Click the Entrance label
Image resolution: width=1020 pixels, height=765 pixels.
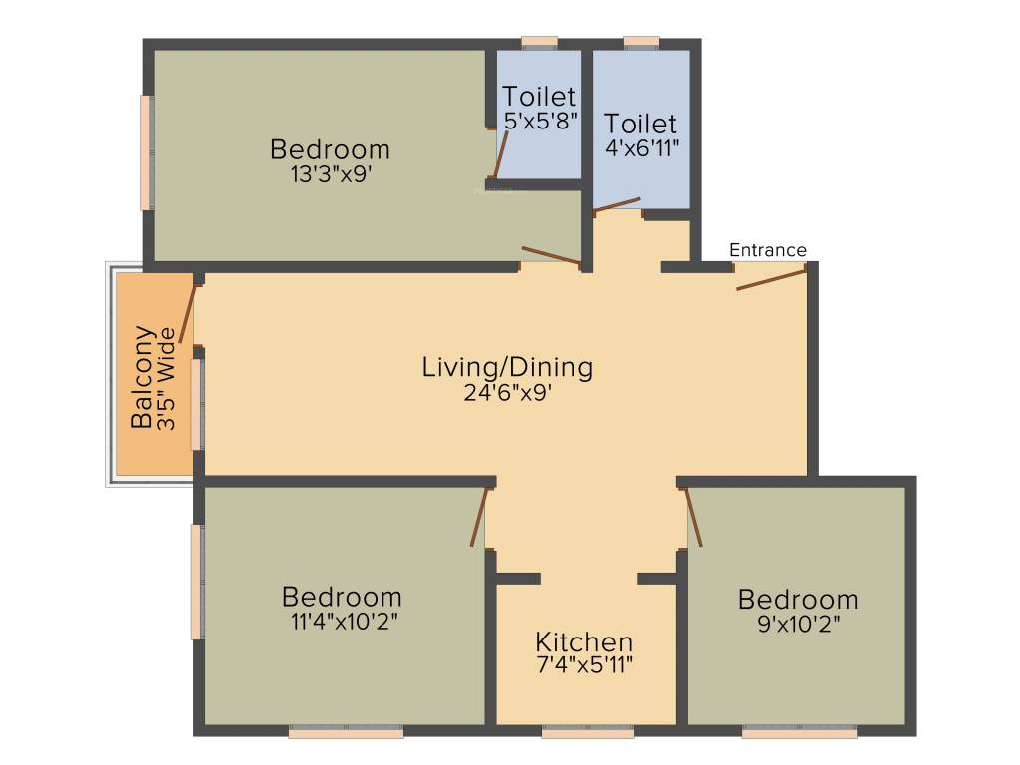coord(767,250)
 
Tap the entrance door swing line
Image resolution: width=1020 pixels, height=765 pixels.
coord(771,279)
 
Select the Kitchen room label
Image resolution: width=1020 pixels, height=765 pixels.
coord(584,641)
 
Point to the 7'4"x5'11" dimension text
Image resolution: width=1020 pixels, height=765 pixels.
coord(584,663)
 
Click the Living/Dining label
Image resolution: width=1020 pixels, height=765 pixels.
coord(507,367)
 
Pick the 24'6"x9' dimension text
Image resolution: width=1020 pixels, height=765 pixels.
coord(507,392)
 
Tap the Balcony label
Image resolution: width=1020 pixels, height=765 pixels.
coord(143,377)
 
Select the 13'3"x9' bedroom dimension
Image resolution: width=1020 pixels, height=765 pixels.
coord(330,172)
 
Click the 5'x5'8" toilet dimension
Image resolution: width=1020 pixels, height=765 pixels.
coord(540,120)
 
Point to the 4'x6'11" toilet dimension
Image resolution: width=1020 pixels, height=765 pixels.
coord(640,146)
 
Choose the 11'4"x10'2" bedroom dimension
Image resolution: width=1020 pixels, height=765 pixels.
coord(342,619)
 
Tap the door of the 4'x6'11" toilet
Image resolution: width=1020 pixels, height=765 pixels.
coord(617,205)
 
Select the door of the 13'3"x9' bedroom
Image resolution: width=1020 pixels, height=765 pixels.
coord(551,256)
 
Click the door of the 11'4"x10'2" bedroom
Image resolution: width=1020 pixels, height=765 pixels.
coord(480,517)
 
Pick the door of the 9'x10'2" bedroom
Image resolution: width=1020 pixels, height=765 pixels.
coord(693,517)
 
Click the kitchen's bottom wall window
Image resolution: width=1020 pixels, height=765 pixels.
coord(588,733)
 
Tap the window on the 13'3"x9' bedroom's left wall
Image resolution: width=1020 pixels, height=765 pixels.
coord(146,152)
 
